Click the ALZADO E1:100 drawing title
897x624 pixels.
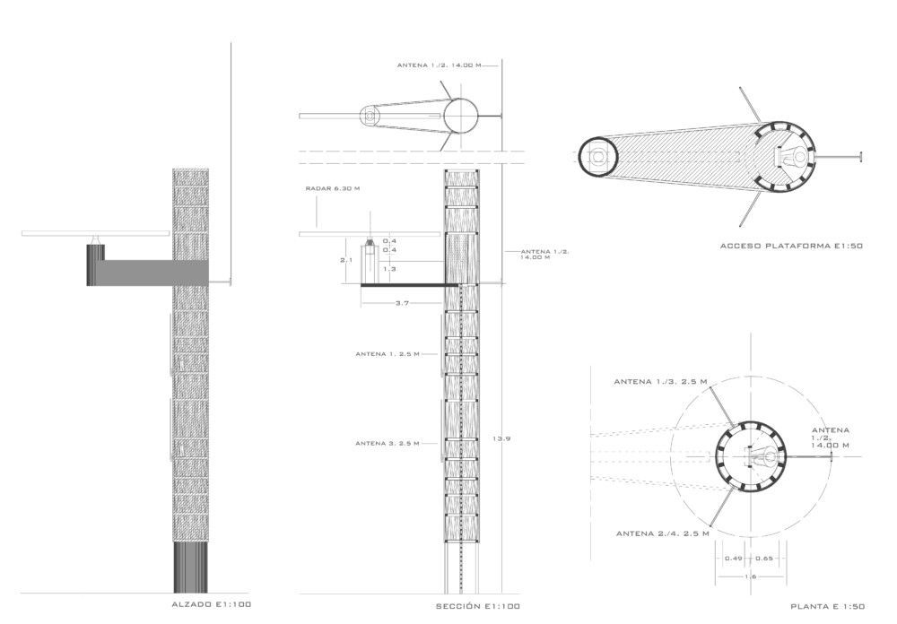211,604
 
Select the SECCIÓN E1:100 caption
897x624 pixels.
478,606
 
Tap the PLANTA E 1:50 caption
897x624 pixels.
828,606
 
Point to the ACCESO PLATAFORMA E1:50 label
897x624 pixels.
791,246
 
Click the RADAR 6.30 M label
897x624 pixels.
333,188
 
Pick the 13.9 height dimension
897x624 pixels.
501,438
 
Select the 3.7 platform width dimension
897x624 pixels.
402,303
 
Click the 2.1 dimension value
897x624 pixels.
346,260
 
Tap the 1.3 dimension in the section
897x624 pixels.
389,269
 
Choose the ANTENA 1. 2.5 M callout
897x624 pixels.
388,354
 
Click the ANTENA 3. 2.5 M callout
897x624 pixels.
388,443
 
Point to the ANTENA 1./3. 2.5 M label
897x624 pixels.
660,382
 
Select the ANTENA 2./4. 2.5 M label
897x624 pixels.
663,533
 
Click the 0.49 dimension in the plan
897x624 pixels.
734,559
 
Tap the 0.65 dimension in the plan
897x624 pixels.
763,559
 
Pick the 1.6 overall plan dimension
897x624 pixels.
750,576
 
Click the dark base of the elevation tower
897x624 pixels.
190,568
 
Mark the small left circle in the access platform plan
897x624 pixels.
597,156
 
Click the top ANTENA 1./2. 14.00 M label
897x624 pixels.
440,65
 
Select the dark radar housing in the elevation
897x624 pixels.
95,264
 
